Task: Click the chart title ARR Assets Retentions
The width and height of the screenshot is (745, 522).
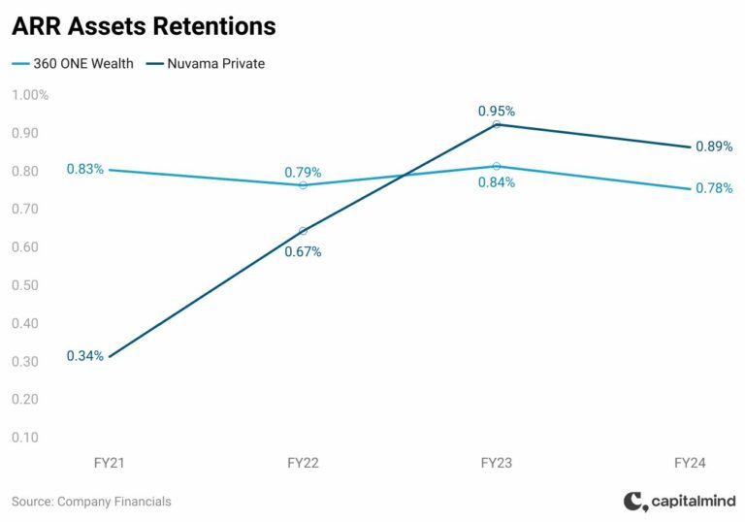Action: [144, 26]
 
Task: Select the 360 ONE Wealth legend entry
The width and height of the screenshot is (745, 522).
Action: [73, 64]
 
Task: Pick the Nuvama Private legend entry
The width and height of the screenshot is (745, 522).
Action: [206, 64]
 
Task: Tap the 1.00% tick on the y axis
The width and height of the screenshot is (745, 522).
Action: [30, 95]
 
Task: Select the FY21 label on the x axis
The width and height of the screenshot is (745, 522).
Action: [110, 464]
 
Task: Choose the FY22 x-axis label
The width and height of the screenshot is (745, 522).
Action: [303, 464]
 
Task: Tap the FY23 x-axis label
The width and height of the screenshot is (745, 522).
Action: [497, 464]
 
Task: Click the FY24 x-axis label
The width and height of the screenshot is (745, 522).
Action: [690, 464]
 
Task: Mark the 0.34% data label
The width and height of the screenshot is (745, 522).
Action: [84, 356]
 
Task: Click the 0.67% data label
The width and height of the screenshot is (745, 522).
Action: [303, 252]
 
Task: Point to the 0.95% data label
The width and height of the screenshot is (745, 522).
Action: [496, 110]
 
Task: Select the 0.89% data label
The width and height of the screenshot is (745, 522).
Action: [714, 147]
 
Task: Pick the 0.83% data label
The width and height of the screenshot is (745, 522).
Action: [84, 169]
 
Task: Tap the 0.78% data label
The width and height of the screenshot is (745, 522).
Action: [714, 188]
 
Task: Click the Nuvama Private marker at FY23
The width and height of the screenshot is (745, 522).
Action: [497, 124]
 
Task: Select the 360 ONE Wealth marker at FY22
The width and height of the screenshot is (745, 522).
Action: [303, 184]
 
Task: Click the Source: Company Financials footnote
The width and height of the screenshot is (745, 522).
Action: [91, 502]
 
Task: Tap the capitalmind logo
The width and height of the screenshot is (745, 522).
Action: [679, 502]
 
